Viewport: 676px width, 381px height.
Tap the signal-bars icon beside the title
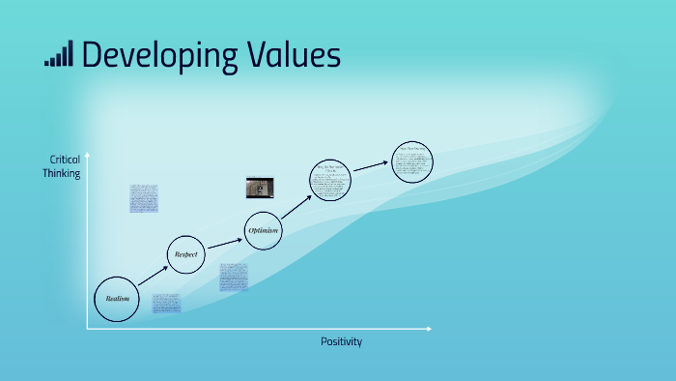click(58, 55)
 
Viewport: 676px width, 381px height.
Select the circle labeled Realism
click(116, 299)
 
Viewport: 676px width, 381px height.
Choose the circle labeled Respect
click(186, 254)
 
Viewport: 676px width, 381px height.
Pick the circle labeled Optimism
click(263, 230)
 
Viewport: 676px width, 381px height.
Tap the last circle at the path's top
click(412, 161)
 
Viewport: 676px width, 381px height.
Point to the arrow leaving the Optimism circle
click(296, 206)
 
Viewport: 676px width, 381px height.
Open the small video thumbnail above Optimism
click(260, 187)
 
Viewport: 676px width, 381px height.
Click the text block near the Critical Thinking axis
click(144, 197)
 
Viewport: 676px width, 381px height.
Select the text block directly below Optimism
click(233, 277)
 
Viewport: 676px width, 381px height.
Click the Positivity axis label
click(342, 342)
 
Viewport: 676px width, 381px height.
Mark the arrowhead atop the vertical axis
click(87, 155)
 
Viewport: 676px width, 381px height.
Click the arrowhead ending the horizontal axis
click(429, 330)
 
